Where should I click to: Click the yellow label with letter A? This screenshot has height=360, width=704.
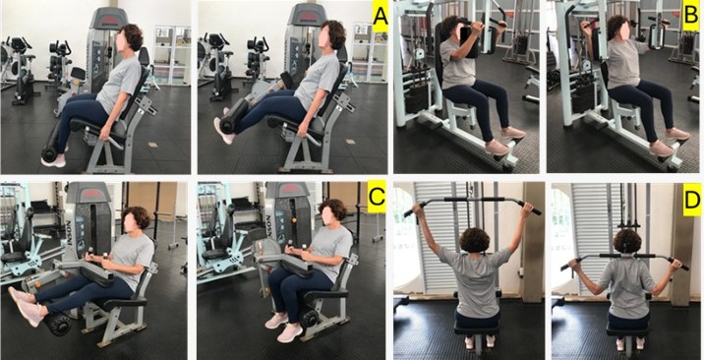[x=381, y=17]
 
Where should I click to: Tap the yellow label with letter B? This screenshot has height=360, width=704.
[x=691, y=17]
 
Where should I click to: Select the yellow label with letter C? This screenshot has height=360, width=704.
[x=377, y=197]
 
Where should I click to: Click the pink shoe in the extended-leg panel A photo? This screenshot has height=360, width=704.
[x=223, y=131]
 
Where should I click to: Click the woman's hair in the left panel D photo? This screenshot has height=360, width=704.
[x=474, y=240]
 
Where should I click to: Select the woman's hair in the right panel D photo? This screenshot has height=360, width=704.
[x=627, y=241]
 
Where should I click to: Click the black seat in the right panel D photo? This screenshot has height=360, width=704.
[x=627, y=330]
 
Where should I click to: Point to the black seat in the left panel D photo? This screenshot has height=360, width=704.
[x=476, y=330]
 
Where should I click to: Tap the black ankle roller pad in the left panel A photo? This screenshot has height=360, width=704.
[x=49, y=151]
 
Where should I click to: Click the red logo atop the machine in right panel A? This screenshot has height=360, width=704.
[x=308, y=16]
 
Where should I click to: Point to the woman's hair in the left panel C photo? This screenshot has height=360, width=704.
[x=137, y=217]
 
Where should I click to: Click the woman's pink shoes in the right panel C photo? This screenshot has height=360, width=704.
[x=283, y=327]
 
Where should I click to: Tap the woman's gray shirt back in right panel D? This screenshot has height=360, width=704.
[x=627, y=287]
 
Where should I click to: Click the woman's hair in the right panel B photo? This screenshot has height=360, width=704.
[x=617, y=26]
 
